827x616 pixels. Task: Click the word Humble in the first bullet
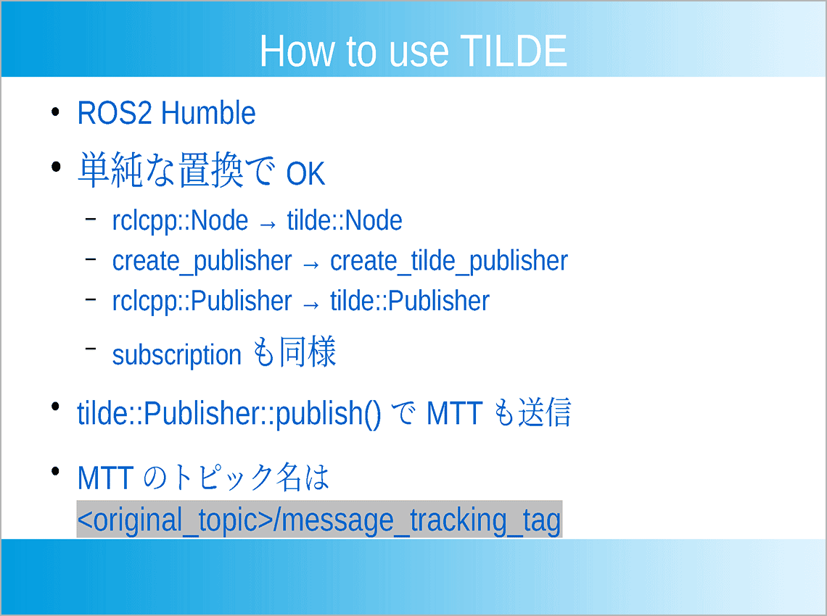tap(208, 114)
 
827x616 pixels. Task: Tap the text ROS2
tap(116, 114)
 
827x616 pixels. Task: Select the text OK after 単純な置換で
tap(305, 175)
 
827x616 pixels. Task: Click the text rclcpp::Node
tap(180, 221)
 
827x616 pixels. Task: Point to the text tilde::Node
tap(345, 221)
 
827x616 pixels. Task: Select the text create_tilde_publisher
tap(448, 262)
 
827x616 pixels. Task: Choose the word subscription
tap(176, 355)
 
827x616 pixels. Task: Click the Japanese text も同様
tap(295, 353)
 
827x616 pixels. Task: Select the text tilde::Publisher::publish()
tap(229, 413)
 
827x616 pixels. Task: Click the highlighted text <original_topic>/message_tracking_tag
tap(319, 520)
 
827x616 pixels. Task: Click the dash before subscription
tap(91, 349)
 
